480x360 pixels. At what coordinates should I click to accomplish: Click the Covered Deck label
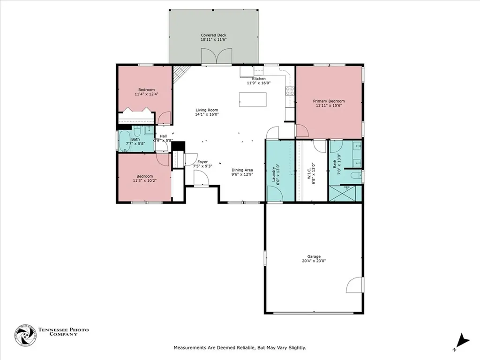click(x=214, y=35)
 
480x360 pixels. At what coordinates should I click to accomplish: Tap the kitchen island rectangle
click(x=253, y=99)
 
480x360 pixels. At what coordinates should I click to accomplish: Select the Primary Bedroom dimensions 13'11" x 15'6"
click(x=329, y=106)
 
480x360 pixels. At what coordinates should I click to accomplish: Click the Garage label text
click(x=314, y=256)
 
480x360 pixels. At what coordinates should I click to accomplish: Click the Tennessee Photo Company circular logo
click(x=26, y=335)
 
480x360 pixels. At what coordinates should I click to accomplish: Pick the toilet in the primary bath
click(x=355, y=176)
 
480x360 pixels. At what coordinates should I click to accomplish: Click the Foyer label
click(x=203, y=162)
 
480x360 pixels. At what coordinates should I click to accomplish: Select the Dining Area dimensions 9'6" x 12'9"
click(x=242, y=174)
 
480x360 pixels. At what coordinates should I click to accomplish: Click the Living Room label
click(x=207, y=110)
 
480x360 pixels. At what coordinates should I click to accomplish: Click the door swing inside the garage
click(x=355, y=285)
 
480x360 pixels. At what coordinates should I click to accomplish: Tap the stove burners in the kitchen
click(x=290, y=90)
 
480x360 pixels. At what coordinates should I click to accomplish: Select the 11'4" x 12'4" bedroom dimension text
click(x=146, y=94)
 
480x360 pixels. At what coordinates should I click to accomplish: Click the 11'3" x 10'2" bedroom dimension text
click(x=144, y=180)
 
